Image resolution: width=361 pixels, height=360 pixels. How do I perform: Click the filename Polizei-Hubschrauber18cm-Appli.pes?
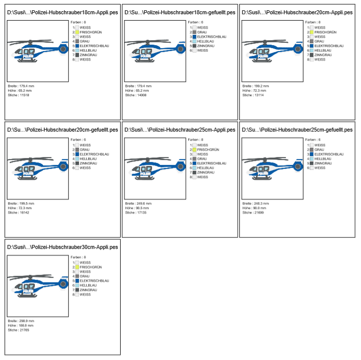click(x=62, y=12)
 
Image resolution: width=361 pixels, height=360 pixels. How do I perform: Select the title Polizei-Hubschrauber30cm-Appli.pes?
click(x=62, y=247)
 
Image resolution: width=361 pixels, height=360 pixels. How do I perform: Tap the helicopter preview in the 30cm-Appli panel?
click(x=38, y=285)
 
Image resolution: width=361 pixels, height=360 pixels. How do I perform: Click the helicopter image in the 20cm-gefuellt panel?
click(x=38, y=168)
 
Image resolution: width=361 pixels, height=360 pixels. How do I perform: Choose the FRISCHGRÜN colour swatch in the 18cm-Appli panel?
click(x=77, y=32)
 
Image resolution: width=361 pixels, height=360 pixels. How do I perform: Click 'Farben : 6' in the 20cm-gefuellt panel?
click(x=78, y=139)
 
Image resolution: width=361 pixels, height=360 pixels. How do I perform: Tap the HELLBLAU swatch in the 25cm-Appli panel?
click(x=194, y=168)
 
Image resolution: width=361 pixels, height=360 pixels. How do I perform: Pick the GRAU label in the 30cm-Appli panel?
click(x=84, y=277)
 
